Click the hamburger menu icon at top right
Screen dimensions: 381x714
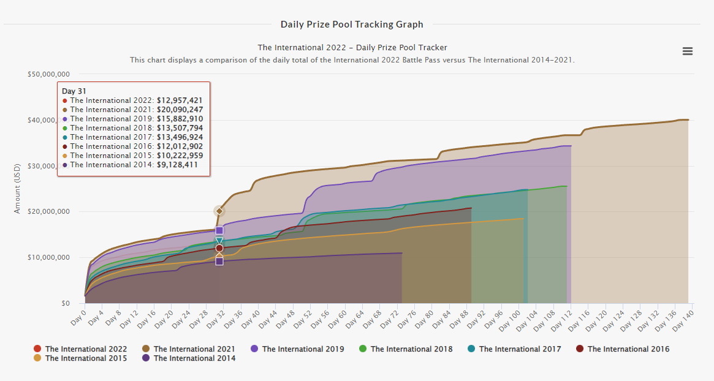688,51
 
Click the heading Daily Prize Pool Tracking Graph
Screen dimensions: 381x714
352,25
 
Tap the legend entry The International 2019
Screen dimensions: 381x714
303,349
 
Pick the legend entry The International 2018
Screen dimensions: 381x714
411,349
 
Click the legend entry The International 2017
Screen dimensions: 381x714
520,349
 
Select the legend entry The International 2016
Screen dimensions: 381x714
628,349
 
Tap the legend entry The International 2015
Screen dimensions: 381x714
86,358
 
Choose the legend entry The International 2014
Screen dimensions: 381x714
194,358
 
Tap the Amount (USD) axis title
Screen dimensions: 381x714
18,189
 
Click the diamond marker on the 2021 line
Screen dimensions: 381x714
219,211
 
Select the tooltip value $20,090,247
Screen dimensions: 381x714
180,110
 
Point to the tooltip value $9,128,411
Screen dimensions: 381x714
177,165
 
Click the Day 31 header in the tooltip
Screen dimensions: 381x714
74,91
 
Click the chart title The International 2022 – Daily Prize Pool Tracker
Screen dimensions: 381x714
352,47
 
